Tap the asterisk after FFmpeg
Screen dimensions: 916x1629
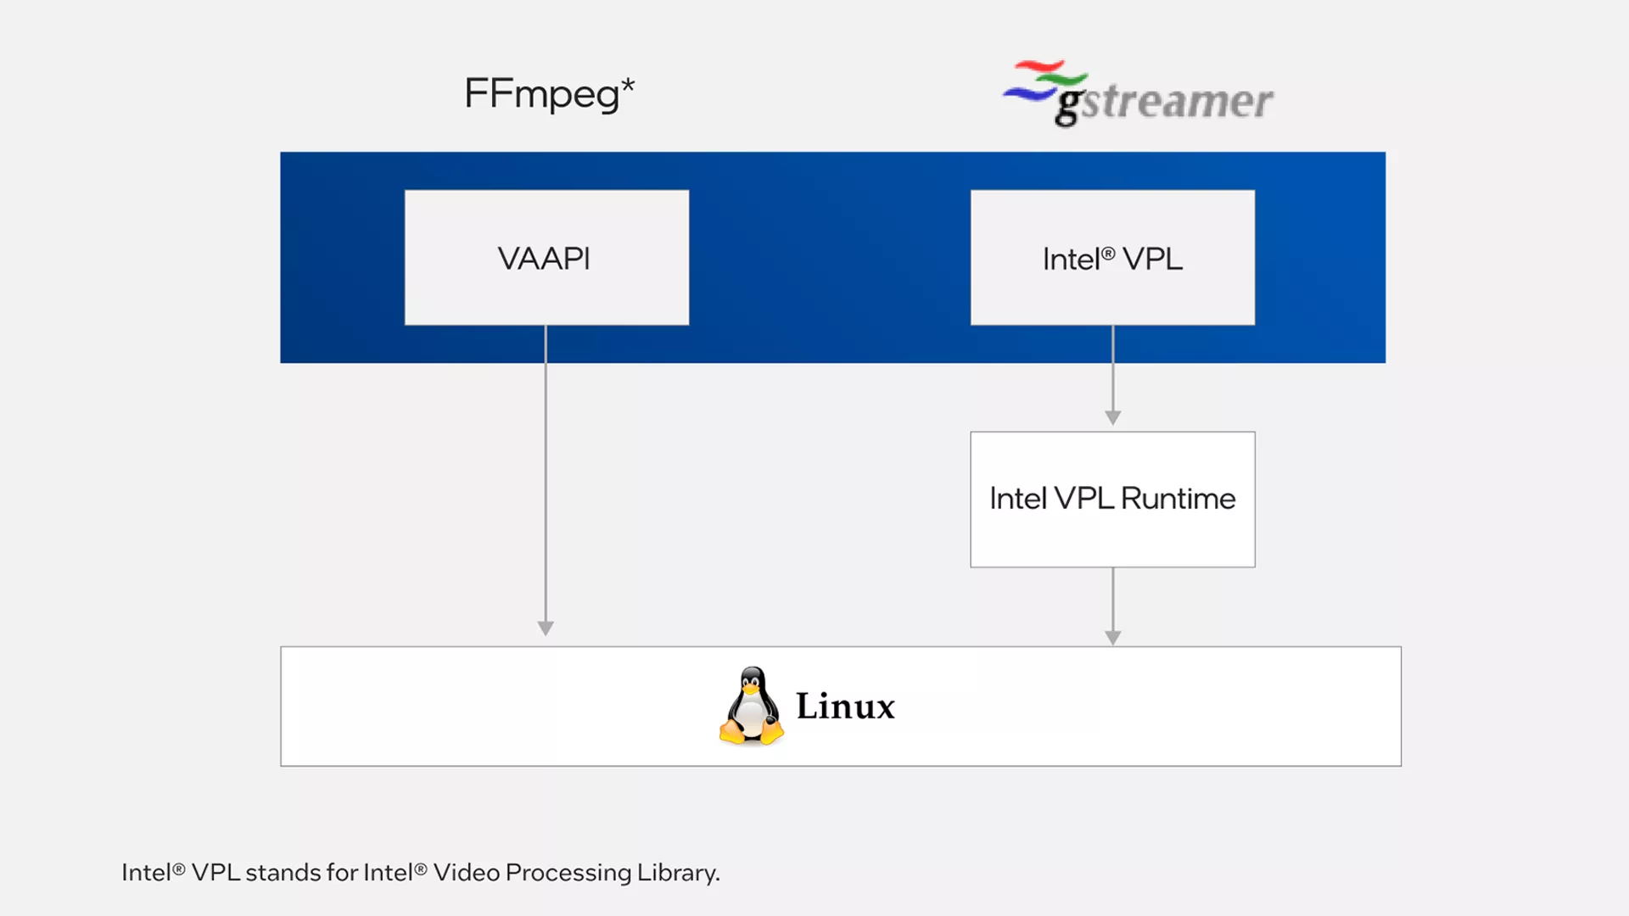[628, 86]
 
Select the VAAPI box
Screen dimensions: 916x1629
[546, 257]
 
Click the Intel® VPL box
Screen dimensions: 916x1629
[1112, 257]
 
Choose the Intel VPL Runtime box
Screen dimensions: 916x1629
[1112, 499]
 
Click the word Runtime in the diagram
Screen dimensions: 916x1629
[1178, 499]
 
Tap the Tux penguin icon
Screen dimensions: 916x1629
[752, 707]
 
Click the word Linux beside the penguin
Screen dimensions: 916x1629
[845, 707]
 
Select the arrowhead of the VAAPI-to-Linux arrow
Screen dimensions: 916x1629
[546, 628]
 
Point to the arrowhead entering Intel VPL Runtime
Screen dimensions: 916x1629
[1113, 417]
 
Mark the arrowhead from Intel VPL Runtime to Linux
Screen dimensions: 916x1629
[1113, 638]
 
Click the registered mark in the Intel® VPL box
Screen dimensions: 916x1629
[1108, 253]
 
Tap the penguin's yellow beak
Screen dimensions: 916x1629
[751, 690]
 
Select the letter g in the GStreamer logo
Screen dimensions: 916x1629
[1068, 105]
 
